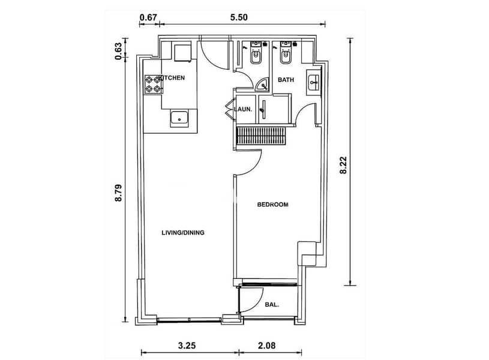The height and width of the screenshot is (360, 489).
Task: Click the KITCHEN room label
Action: click(x=172, y=77)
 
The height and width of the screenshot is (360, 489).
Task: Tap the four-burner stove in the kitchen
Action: click(x=153, y=85)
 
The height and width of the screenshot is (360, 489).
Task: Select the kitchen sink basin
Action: click(x=179, y=119)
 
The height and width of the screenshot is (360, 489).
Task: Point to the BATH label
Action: click(x=286, y=80)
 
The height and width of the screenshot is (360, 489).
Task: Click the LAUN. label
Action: click(x=243, y=109)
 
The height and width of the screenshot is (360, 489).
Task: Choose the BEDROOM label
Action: click(x=272, y=205)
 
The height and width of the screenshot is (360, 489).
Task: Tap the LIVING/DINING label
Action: click(x=183, y=233)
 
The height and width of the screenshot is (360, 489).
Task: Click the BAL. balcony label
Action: click(x=272, y=305)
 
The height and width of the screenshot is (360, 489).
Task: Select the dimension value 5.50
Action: click(x=239, y=17)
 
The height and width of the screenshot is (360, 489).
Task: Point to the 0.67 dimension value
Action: click(x=148, y=17)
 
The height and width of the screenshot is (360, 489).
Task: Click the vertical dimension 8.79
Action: click(x=119, y=193)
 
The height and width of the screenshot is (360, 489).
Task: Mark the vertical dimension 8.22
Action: click(x=343, y=165)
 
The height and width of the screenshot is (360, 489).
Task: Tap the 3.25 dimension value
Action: click(x=187, y=346)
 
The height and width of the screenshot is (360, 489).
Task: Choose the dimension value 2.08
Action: click(x=267, y=346)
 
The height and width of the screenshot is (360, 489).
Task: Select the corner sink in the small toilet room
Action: click(x=262, y=84)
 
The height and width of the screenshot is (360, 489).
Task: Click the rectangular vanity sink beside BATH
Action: click(x=313, y=83)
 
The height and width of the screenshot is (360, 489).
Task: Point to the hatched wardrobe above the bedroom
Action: click(x=262, y=136)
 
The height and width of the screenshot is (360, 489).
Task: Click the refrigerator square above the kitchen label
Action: click(x=182, y=53)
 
